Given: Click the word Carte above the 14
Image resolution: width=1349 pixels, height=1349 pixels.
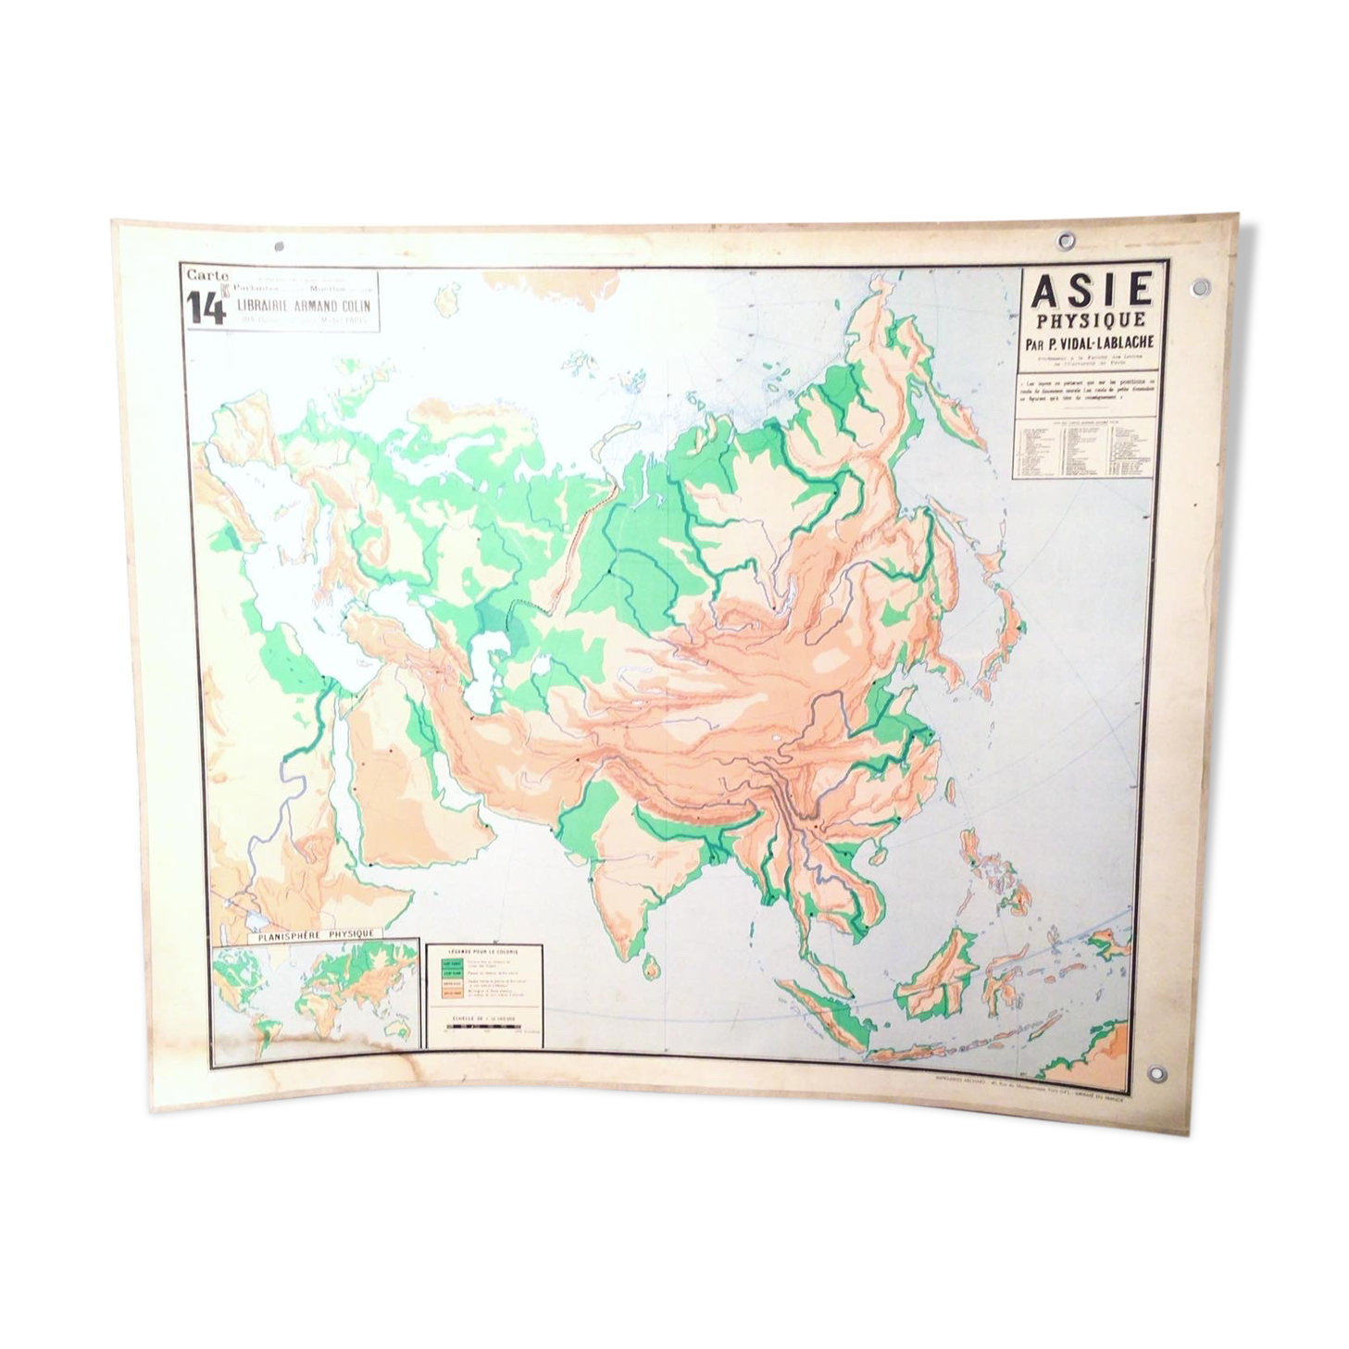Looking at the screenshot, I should tap(206, 275).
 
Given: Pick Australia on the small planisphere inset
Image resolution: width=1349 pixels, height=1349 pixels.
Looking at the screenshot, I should tap(400, 1028).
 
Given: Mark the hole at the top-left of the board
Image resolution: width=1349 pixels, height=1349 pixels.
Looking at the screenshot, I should tap(279, 247).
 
